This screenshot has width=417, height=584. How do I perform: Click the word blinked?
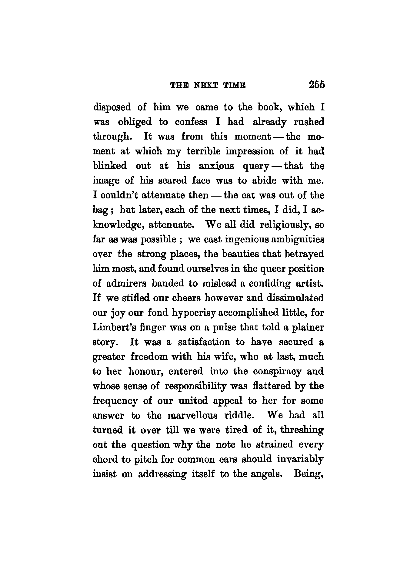(x=110, y=166)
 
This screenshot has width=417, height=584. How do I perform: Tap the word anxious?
(x=216, y=166)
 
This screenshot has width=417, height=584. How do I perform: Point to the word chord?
(x=105, y=459)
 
